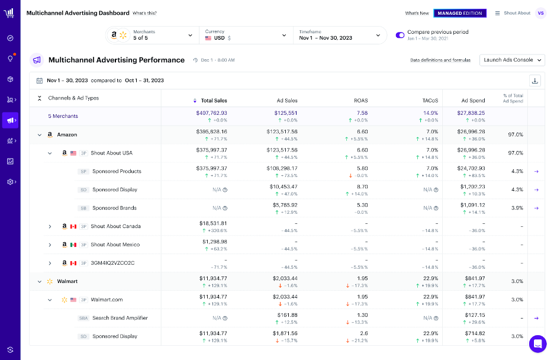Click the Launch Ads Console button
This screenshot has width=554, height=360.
(512, 60)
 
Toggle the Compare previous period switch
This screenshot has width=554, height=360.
(400, 35)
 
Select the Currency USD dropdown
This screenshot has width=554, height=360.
(245, 35)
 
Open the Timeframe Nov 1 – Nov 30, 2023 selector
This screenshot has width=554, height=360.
(340, 35)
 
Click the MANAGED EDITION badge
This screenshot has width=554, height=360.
(460, 13)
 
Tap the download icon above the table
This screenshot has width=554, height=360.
(535, 81)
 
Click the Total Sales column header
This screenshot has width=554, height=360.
(214, 101)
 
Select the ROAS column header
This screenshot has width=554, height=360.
(361, 101)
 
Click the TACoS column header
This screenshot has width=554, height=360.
(430, 101)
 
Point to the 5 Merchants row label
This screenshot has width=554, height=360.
(63, 116)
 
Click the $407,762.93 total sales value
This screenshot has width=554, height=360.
(211, 112)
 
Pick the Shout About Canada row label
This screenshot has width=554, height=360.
(115, 226)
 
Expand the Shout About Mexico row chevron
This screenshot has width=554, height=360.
(50, 245)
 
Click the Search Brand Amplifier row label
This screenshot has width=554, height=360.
(120, 318)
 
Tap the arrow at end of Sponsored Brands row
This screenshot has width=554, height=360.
(536, 208)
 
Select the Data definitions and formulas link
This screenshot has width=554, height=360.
(440, 60)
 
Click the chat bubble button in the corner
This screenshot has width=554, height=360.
(537, 343)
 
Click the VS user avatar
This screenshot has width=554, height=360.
(540, 13)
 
